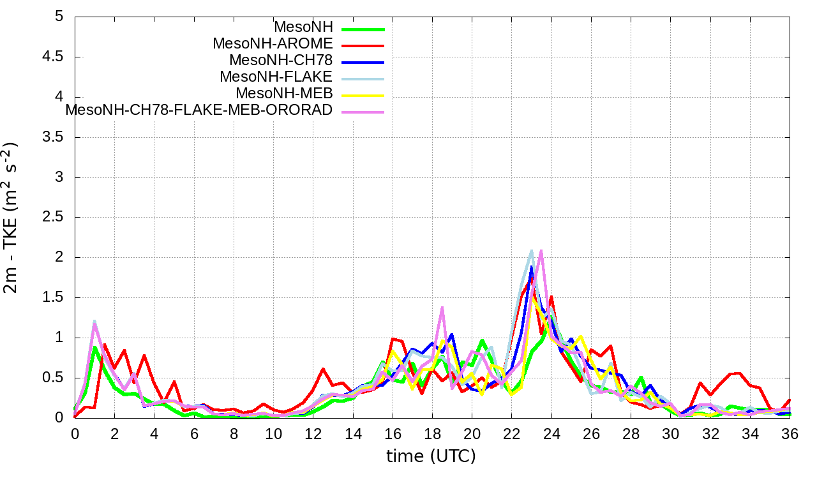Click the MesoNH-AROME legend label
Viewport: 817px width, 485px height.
point(273,44)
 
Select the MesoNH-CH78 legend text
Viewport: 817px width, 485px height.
point(281,61)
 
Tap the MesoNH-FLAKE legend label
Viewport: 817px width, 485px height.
point(276,77)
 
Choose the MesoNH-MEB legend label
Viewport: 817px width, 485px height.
point(284,94)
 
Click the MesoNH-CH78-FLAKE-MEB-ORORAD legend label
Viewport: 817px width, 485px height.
point(199,110)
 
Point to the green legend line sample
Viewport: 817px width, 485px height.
point(363,29)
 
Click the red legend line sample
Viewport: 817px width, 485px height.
point(363,45)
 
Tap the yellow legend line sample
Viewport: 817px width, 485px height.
point(363,95)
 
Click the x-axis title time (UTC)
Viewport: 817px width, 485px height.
point(431,456)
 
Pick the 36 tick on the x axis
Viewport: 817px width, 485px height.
point(790,434)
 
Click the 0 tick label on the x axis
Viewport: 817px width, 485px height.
point(75,434)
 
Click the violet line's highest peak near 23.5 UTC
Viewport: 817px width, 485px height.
point(541,251)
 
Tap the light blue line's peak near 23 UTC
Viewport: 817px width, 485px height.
point(532,251)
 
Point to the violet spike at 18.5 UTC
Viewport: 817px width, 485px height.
point(442,307)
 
